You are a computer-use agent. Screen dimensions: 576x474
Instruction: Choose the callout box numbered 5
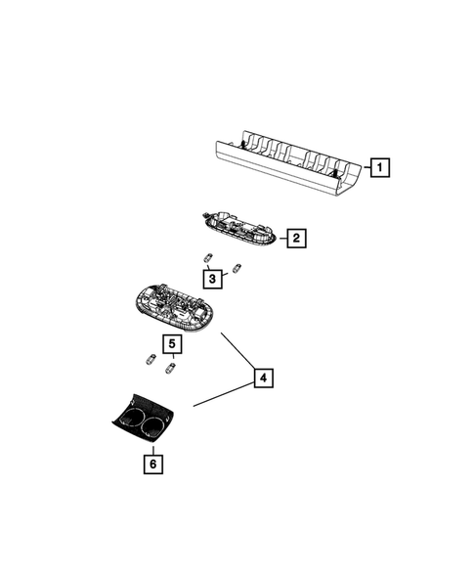coord(172,345)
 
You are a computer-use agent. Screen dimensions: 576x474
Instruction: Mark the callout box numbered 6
coord(152,464)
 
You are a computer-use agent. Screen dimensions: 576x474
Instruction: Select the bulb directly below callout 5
coord(172,367)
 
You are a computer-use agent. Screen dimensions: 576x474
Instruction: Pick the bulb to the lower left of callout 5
coord(151,358)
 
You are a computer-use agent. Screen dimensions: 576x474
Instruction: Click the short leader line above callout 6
coord(152,446)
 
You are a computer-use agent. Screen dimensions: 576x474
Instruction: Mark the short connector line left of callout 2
coord(281,237)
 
